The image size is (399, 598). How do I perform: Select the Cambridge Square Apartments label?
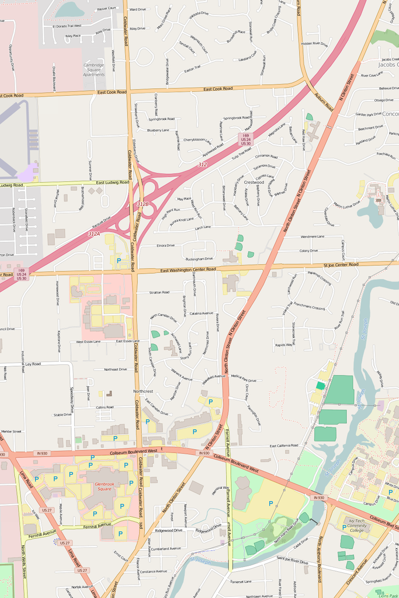click(x=94, y=69)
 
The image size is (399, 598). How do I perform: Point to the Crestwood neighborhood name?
click(x=254, y=182)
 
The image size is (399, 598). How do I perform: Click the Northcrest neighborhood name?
click(x=143, y=391)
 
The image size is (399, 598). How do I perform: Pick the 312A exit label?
click(x=94, y=234)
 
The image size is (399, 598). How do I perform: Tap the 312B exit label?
click(x=143, y=204)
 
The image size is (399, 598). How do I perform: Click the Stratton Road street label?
click(x=159, y=292)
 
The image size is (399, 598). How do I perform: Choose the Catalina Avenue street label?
click(x=202, y=314)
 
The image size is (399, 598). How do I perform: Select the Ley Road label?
click(x=33, y=364)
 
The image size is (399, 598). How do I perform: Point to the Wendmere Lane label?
click(x=312, y=237)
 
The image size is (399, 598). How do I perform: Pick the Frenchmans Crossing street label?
click(x=309, y=307)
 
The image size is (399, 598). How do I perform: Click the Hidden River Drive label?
click(x=314, y=44)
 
